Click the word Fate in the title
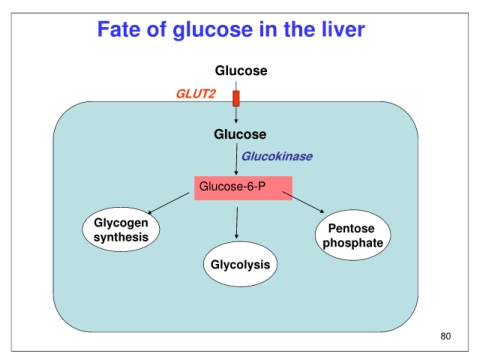click(119, 29)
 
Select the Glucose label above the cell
click(241, 71)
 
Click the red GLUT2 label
click(196, 94)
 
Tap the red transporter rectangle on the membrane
click(236, 98)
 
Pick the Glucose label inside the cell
click(240, 134)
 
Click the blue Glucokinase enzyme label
click(277, 156)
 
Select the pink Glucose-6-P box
click(243, 188)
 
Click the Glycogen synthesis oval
click(121, 229)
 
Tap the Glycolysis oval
click(240, 264)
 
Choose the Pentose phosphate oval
click(353, 235)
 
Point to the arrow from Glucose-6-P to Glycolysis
click(237, 223)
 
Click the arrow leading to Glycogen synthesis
click(168, 203)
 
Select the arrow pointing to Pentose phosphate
click(303, 202)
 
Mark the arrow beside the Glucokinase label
click(236, 159)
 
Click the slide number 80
click(446, 336)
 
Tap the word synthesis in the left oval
click(121, 237)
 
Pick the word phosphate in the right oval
click(353, 243)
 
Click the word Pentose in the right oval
click(351, 228)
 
